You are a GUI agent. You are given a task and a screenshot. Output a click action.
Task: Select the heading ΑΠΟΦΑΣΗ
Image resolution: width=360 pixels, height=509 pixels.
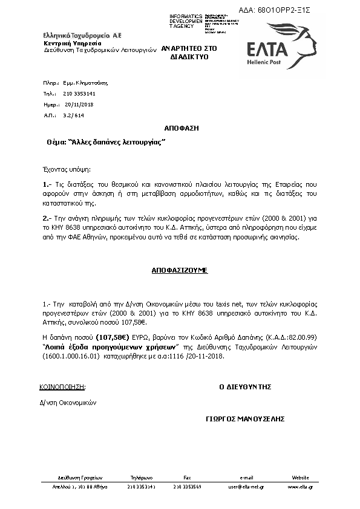click(x=182, y=129)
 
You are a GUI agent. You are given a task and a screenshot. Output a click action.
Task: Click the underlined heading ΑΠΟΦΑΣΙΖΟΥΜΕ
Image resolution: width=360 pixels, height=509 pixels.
click(x=179, y=270)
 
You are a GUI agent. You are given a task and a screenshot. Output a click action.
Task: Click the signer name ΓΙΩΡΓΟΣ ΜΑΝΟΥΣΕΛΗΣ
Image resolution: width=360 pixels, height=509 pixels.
click(x=245, y=418)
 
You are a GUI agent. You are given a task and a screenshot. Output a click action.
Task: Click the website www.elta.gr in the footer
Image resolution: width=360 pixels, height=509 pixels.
click(x=300, y=486)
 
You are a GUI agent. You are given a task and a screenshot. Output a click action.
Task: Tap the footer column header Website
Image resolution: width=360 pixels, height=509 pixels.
click(x=300, y=477)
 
